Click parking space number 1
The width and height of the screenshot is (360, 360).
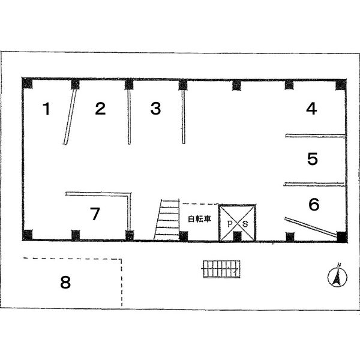47,109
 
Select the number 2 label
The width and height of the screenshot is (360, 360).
100,109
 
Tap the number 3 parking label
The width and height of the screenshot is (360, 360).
155,109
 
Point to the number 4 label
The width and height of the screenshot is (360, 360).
311,109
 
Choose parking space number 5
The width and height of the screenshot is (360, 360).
313,158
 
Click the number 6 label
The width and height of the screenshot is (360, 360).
314,205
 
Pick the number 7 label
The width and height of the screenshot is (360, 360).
95,214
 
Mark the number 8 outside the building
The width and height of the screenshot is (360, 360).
65,282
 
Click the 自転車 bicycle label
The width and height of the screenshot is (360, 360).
199,219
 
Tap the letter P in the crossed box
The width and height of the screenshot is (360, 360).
230,224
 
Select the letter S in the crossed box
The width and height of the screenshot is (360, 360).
245,224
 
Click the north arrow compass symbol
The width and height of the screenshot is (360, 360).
337,277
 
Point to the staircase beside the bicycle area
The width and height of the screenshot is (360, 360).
167,220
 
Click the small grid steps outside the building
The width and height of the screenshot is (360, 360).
221,269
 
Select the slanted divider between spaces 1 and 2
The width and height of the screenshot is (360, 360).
70,117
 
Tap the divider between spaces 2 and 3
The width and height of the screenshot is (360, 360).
129,117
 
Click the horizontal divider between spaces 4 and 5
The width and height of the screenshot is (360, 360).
315,136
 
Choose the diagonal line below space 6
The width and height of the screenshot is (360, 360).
311,227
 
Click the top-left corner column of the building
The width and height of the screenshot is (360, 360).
27,83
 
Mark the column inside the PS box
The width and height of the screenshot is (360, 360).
238,236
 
